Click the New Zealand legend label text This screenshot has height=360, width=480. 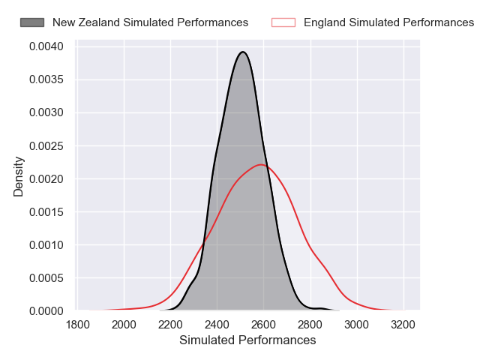coord(150,22)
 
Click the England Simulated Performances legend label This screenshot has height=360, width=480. coord(388,22)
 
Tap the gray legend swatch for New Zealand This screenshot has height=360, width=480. coord(32,22)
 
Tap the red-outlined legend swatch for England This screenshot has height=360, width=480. coord(283,22)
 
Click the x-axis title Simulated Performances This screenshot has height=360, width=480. coord(247,340)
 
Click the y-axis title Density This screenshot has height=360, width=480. coord(19,176)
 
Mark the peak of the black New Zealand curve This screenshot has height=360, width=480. coord(242,52)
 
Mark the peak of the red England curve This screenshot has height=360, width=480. coord(261,164)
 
